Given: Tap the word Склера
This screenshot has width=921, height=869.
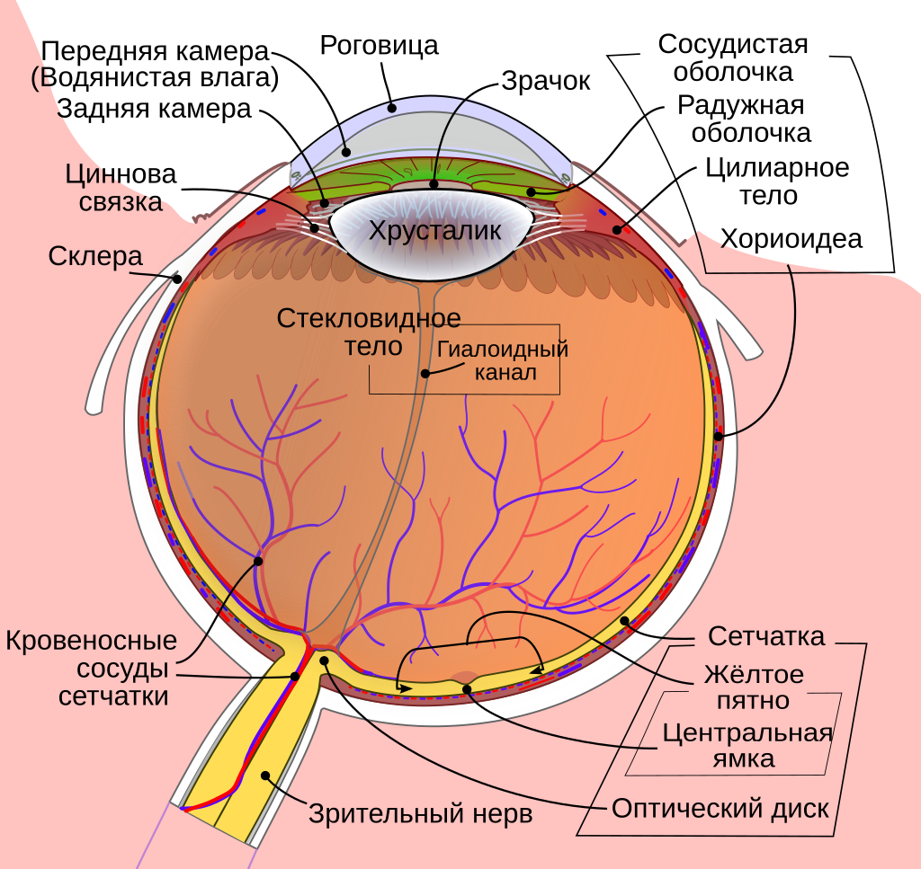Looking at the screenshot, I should (x=95, y=258).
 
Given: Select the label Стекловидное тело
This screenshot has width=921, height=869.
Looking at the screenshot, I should (x=369, y=332).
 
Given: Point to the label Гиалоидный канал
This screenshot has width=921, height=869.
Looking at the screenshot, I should (x=504, y=359).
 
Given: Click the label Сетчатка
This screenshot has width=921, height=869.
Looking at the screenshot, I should (x=765, y=637).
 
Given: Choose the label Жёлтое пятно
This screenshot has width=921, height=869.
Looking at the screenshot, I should (x=755, y=687).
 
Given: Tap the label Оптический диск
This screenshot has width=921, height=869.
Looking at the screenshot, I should (x=720, y=808).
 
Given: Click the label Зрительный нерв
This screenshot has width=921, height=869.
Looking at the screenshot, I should (x=421, y=814).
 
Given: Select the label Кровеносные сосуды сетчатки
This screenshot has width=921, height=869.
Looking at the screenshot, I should (x=91, y=669).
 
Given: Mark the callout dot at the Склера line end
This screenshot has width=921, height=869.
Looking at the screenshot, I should (x=177, y=279).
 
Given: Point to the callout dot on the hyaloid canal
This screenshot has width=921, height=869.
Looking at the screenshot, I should (x=425, y=372).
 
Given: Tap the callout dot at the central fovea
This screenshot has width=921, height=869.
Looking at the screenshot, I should (x=468, y=689).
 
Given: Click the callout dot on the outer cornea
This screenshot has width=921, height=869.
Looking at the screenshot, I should (x=392, y=108).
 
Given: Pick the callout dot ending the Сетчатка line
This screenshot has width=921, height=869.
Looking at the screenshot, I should (x=625, y=621).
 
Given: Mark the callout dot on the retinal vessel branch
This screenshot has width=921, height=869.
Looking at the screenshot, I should (x=258, y=561).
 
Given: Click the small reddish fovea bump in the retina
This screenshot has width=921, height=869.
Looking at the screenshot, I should (x=464, y=678).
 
